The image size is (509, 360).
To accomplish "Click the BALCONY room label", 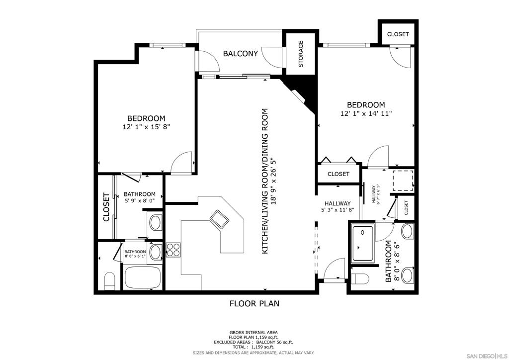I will [240, 54].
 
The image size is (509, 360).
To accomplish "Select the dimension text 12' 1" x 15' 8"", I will [146, 127].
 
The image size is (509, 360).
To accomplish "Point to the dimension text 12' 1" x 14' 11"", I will [365, 113].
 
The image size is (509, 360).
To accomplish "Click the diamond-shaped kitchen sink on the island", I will [219, 219].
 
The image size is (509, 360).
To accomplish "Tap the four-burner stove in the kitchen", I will [173, 250].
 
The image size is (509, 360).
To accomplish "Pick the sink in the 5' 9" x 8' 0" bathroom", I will [155, 222].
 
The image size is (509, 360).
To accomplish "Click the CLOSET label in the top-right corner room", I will [398, 34].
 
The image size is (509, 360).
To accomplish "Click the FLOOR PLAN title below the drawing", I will [254, 303].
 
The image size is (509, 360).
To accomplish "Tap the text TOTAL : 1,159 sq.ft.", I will [254, 347].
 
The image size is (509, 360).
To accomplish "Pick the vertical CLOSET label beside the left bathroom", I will [106, 207].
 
